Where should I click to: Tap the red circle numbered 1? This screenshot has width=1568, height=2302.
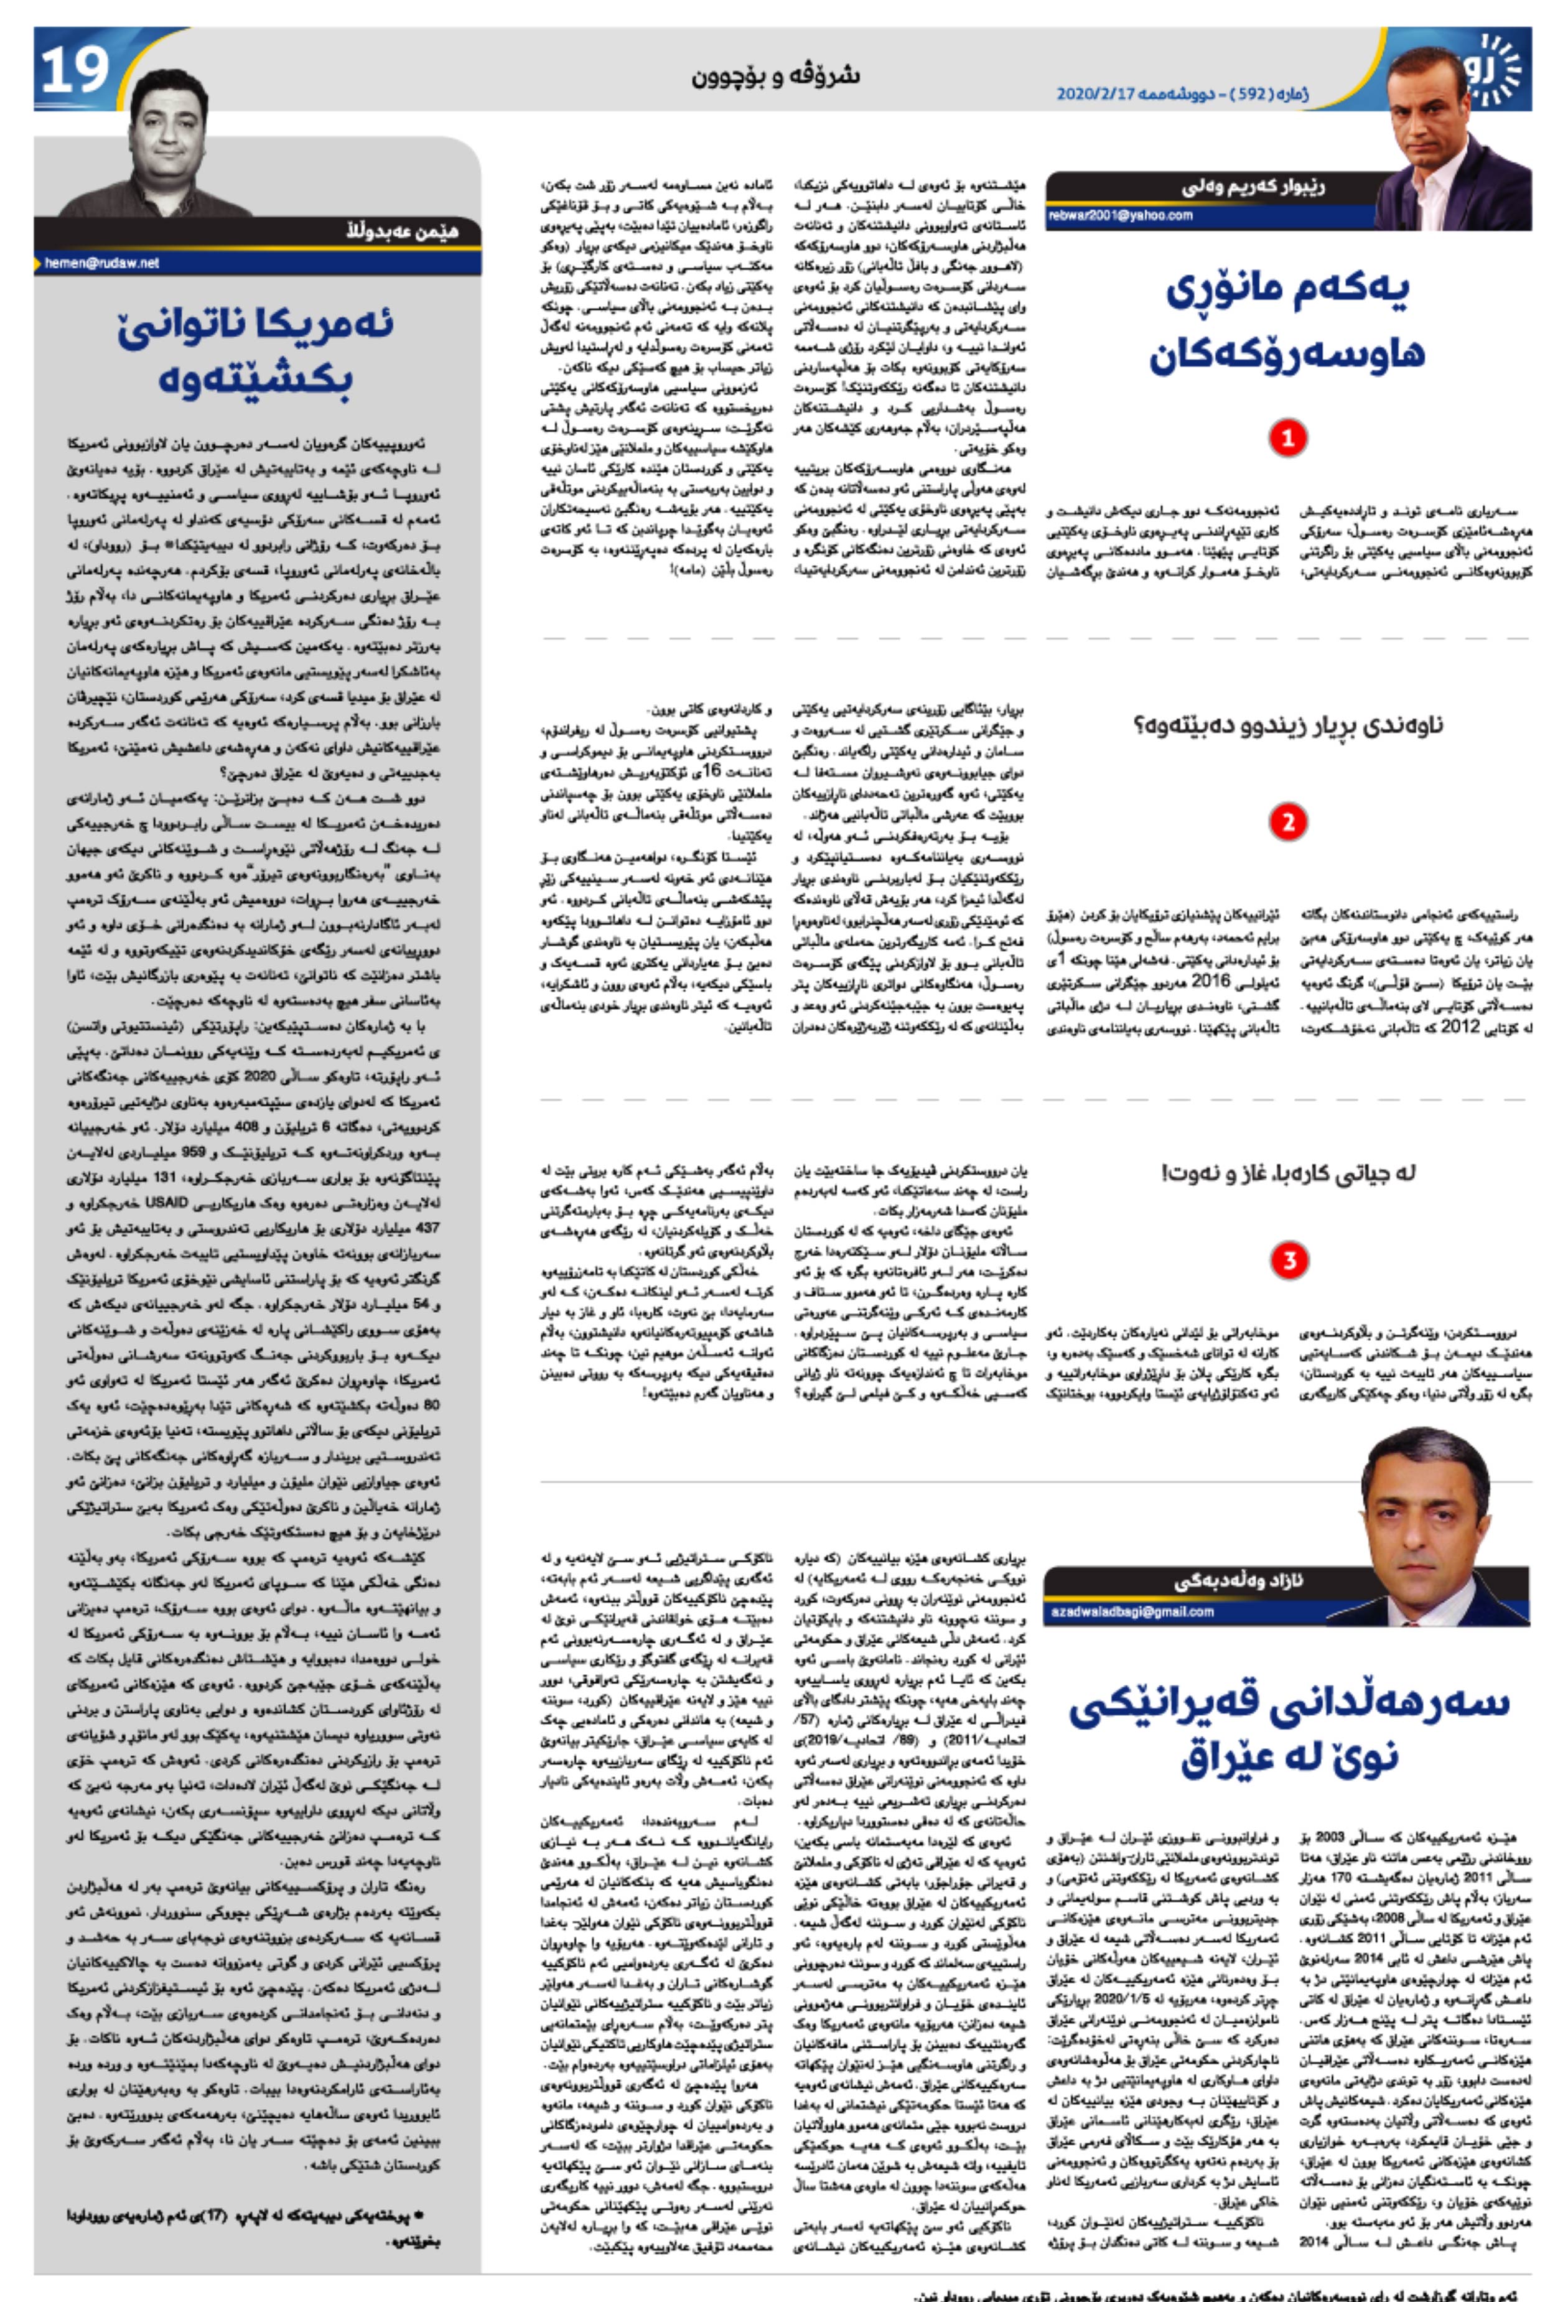(x=1287, y=437)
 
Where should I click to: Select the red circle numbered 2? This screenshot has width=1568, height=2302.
(x=1287, y=821)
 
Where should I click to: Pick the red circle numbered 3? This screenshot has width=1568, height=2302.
(x=1289, y=1260)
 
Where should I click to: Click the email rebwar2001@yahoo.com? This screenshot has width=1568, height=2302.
(x=1120, y=215)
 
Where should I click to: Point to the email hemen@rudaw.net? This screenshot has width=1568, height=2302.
(x=102, y=263)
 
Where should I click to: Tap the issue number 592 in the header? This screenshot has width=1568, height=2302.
(x=1251, y=94)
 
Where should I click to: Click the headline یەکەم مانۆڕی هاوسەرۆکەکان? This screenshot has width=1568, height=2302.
(x=1287, y=322)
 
